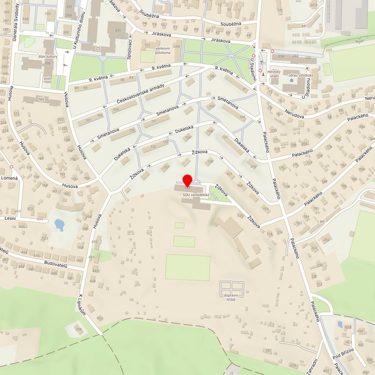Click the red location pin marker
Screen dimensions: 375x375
tap(187, 180)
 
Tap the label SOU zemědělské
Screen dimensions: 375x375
tap(196, 195)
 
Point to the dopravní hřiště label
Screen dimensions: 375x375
tap(230, 297)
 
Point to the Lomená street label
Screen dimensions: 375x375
tap(9, 178)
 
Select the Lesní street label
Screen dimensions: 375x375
tap(9, 219)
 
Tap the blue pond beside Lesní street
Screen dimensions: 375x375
tap(59, 224)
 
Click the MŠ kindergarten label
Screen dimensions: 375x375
tap(42, 98)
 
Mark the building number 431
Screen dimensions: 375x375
tap(117, 31)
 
